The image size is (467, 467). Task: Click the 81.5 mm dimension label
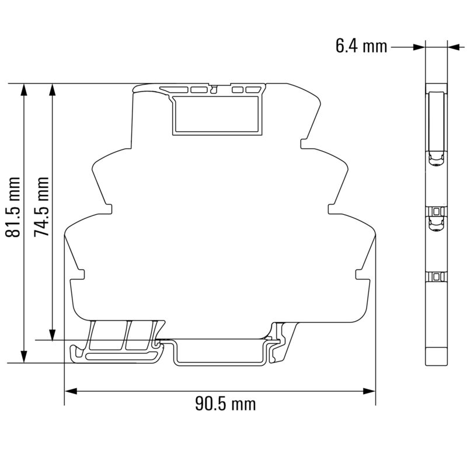point(13,208)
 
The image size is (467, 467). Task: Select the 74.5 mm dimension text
point(41,208)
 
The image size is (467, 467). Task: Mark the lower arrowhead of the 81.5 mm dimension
point(24,357)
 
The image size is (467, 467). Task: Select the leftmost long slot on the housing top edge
point(179,90)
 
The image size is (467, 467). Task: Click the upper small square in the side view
point(436,210)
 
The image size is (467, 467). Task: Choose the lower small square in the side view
point(436,276)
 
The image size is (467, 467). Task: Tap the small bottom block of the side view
point(436,355)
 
